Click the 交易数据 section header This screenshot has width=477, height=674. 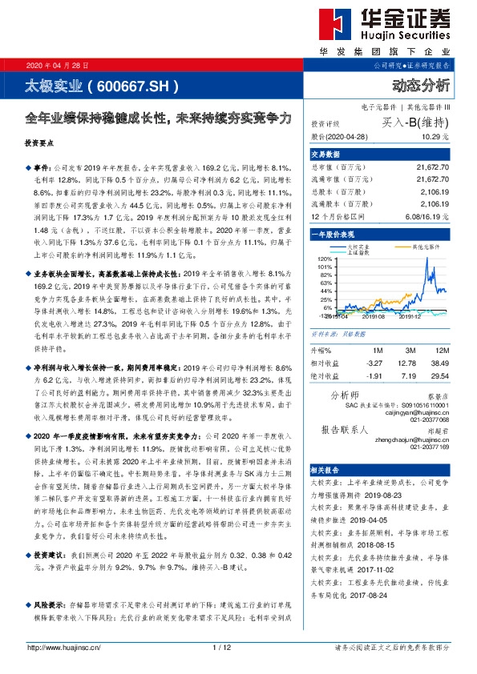(x=326, y=154)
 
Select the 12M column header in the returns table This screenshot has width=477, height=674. (x=441, y=350)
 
